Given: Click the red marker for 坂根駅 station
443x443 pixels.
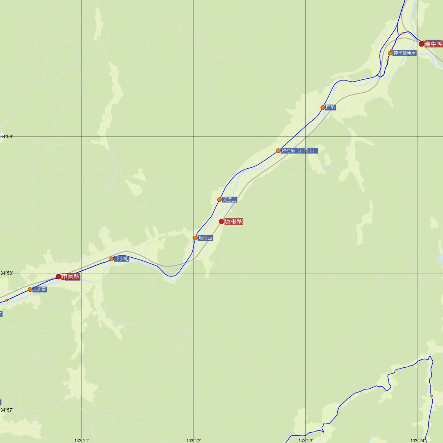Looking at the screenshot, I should (x=221, y=221).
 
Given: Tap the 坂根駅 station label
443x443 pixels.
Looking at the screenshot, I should (x=234, y=221).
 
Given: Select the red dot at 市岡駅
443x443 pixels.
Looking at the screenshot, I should (x=58, y=277).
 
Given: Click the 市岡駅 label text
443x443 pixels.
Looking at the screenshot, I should (x=71, y=277).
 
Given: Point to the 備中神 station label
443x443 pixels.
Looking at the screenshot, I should (x=433, y=44).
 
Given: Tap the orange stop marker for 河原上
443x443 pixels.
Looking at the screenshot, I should (x=220, y=200).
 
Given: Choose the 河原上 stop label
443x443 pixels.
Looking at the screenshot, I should (x=229, y=200).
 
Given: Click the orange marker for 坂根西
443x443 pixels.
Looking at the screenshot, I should (x=195, y=238).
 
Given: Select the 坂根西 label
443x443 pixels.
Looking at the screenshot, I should (x=205, y=238).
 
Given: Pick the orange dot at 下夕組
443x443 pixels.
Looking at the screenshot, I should (x=111, y=259).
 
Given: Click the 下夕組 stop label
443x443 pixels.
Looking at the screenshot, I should (x=121, y=259).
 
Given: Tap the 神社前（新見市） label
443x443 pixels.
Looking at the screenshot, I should (x=299, y=151).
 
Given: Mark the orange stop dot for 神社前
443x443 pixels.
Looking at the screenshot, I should (x=278, y=151).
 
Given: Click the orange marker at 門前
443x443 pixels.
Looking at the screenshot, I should (x=323, y=107).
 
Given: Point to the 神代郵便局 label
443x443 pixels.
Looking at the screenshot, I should (x=405, y=53).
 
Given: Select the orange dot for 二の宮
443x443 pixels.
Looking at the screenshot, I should (x=30, y=289).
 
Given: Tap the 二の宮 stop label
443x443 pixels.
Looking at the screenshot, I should (x=40, y=289).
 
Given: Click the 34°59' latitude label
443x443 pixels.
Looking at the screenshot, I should (x=7, y=137).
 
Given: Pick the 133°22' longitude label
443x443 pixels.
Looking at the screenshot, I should (x=193, y=440).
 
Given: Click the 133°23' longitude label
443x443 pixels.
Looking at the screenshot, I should (x=306, y=440).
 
